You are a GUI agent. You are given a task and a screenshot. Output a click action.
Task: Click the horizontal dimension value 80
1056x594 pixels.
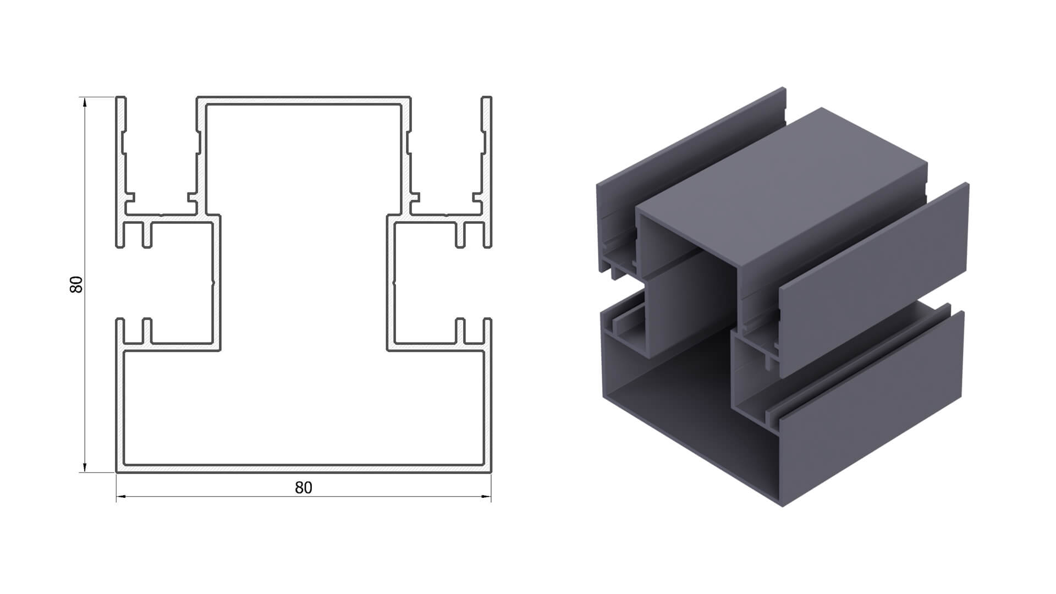[x=304, y=488]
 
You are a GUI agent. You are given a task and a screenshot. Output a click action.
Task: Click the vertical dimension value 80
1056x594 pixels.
[x=76, y=284]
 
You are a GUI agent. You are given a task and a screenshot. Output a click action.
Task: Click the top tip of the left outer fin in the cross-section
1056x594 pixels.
[x=121, y=98]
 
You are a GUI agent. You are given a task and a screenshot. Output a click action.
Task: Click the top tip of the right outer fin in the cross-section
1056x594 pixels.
[x=486, y=98]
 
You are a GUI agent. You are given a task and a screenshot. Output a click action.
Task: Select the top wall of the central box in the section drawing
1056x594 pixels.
[x=304, y=101]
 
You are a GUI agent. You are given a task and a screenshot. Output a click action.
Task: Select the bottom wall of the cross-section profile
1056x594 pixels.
[x=304, y=468]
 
